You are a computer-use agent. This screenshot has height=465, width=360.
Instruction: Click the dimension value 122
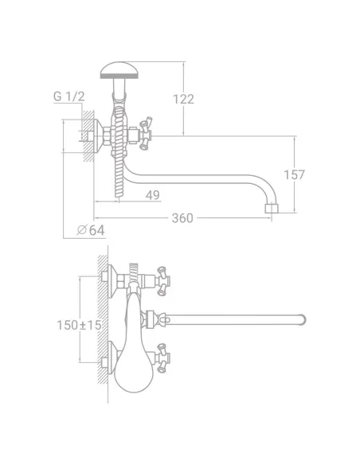point(183,99)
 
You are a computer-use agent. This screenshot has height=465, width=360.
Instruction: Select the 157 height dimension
point(294,174)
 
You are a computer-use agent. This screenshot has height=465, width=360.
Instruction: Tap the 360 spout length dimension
point(182,218)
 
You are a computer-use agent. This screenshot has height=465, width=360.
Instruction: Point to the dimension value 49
point(153,195)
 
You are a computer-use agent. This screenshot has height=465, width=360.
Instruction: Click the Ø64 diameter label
point(91,230)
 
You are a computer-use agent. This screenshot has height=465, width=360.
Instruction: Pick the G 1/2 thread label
point(68,96)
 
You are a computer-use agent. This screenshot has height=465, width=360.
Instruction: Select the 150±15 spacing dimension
point(79,325)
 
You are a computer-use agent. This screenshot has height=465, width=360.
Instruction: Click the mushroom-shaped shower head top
point(119,70)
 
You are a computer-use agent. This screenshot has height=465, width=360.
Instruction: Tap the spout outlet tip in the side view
point(272,208)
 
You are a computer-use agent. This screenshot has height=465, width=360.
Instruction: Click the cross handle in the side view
point(146,134)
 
